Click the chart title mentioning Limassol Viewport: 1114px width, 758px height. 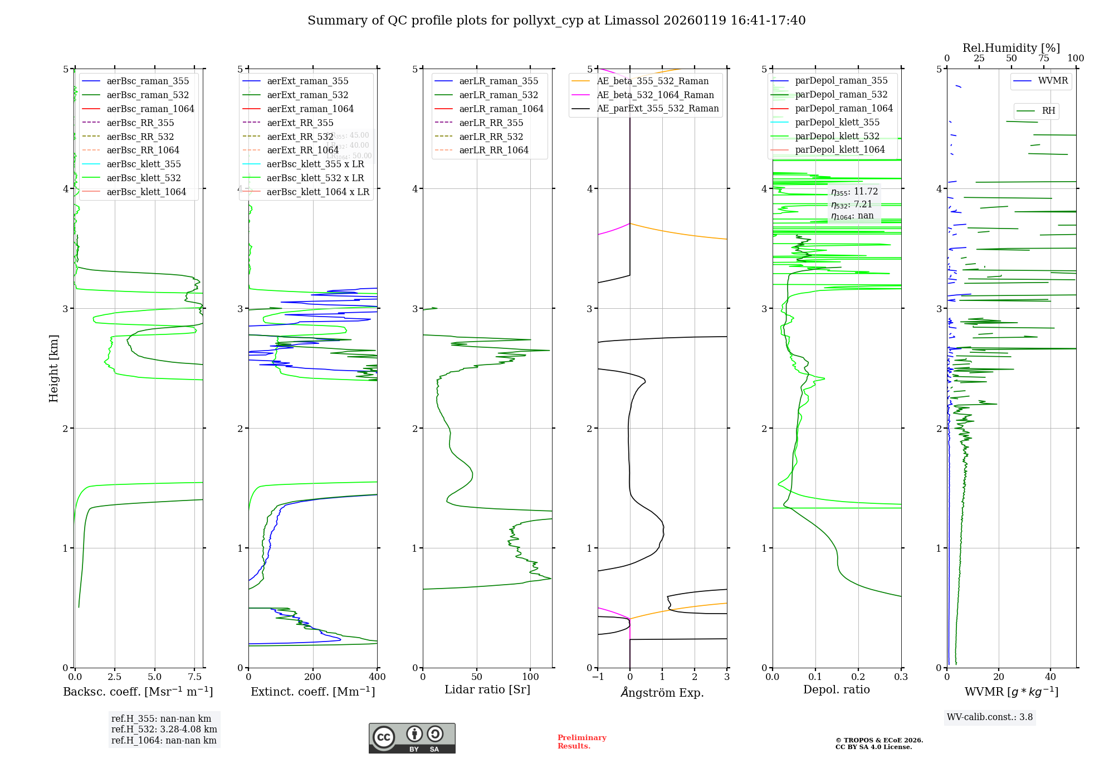coord(556,21)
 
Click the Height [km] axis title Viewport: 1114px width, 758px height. coord(53,368)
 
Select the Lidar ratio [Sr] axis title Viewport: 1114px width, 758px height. coord(487,689)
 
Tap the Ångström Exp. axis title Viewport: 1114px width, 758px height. coord(662,692)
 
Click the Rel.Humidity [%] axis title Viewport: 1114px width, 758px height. coord(1011,48)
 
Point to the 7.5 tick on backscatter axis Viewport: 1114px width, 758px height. coord(194,677)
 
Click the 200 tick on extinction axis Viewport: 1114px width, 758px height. coord(313,677)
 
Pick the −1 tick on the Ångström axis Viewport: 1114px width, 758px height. coord(598,677)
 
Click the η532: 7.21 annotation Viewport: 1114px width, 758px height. coord(851,205)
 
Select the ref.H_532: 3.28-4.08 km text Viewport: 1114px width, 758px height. coord(164,729)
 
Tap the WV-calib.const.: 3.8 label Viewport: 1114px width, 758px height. coord(990,717)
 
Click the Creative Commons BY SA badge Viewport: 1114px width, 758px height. coord(412,738)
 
